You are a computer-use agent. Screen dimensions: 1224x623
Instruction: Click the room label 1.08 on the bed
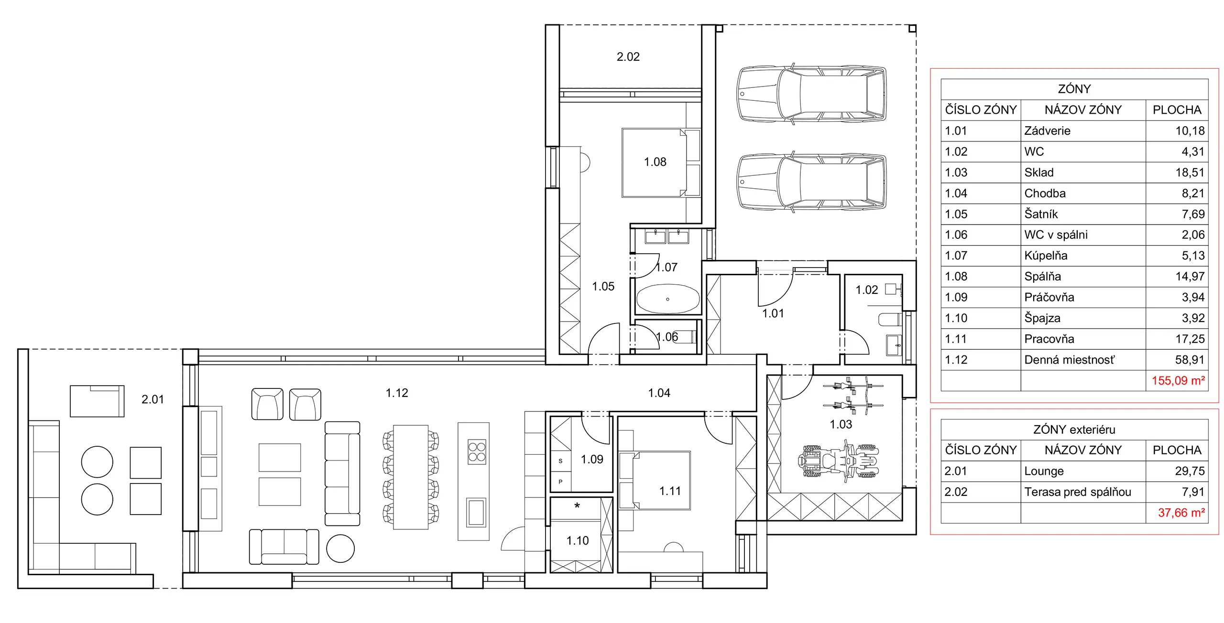click(655, 162)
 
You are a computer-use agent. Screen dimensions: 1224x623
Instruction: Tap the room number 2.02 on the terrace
click(628, 57)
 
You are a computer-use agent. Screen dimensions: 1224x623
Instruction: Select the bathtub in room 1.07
click(667, 299)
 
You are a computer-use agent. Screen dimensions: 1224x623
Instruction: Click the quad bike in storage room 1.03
click(838, 461)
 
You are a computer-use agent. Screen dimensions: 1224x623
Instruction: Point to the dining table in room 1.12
click(411, 477)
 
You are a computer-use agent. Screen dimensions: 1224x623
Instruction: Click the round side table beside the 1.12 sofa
click(340, 548)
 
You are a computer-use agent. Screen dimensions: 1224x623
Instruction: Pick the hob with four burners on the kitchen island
click(477, 452)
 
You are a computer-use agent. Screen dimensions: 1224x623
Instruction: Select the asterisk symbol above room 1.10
click(577, 505)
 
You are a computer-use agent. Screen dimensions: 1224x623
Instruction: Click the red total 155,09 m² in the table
click(1178, 381)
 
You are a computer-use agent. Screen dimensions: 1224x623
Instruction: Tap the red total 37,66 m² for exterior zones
click(1181, 513)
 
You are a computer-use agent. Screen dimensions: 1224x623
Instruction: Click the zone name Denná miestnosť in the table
click(1069, 360)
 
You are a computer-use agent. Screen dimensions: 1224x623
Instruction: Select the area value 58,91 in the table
click(1190, 360)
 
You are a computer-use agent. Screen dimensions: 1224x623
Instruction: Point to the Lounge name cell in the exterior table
click(1044, 471)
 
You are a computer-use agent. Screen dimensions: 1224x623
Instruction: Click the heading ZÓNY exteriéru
click(1074, 430)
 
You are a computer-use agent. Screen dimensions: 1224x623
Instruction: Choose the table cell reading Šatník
click(1041, 214)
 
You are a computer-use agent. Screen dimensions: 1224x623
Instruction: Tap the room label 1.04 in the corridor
click(659, 393)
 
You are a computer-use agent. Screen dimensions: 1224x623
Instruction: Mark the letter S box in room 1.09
click(560, 461)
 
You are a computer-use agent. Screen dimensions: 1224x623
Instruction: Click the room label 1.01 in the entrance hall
click(773, 313)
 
